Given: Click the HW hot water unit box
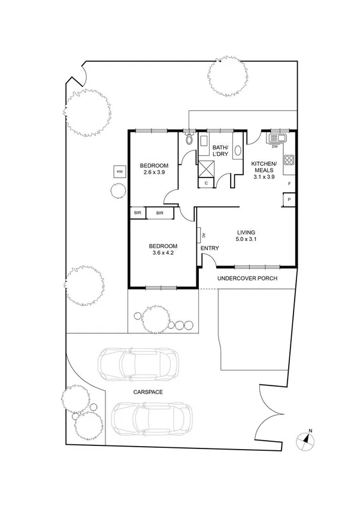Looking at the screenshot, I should pos(119,172).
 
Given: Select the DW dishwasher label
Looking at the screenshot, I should pos(275,146).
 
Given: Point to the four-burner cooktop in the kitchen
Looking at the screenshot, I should pos(288,160).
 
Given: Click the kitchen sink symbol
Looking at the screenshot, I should pos(279,138).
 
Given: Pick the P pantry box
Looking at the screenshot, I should pos(289,200).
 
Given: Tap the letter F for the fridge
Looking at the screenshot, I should pos(289,183).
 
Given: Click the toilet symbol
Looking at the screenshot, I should pos(189,139).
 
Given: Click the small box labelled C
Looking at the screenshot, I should pos(206,183).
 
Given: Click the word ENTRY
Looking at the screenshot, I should pos(210,248).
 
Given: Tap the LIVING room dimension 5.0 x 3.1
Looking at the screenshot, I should pos(246,239).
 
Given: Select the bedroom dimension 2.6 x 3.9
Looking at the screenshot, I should pos(154,172).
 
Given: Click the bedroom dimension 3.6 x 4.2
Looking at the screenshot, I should pos(162,252).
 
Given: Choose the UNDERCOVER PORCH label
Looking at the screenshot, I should pos(247,278).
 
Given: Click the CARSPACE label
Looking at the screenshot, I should pos(148,391).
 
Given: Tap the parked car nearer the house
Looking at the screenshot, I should pos(139,363).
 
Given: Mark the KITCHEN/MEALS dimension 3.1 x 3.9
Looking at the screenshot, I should pos(264,177).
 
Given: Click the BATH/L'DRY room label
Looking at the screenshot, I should pos(220,150).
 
